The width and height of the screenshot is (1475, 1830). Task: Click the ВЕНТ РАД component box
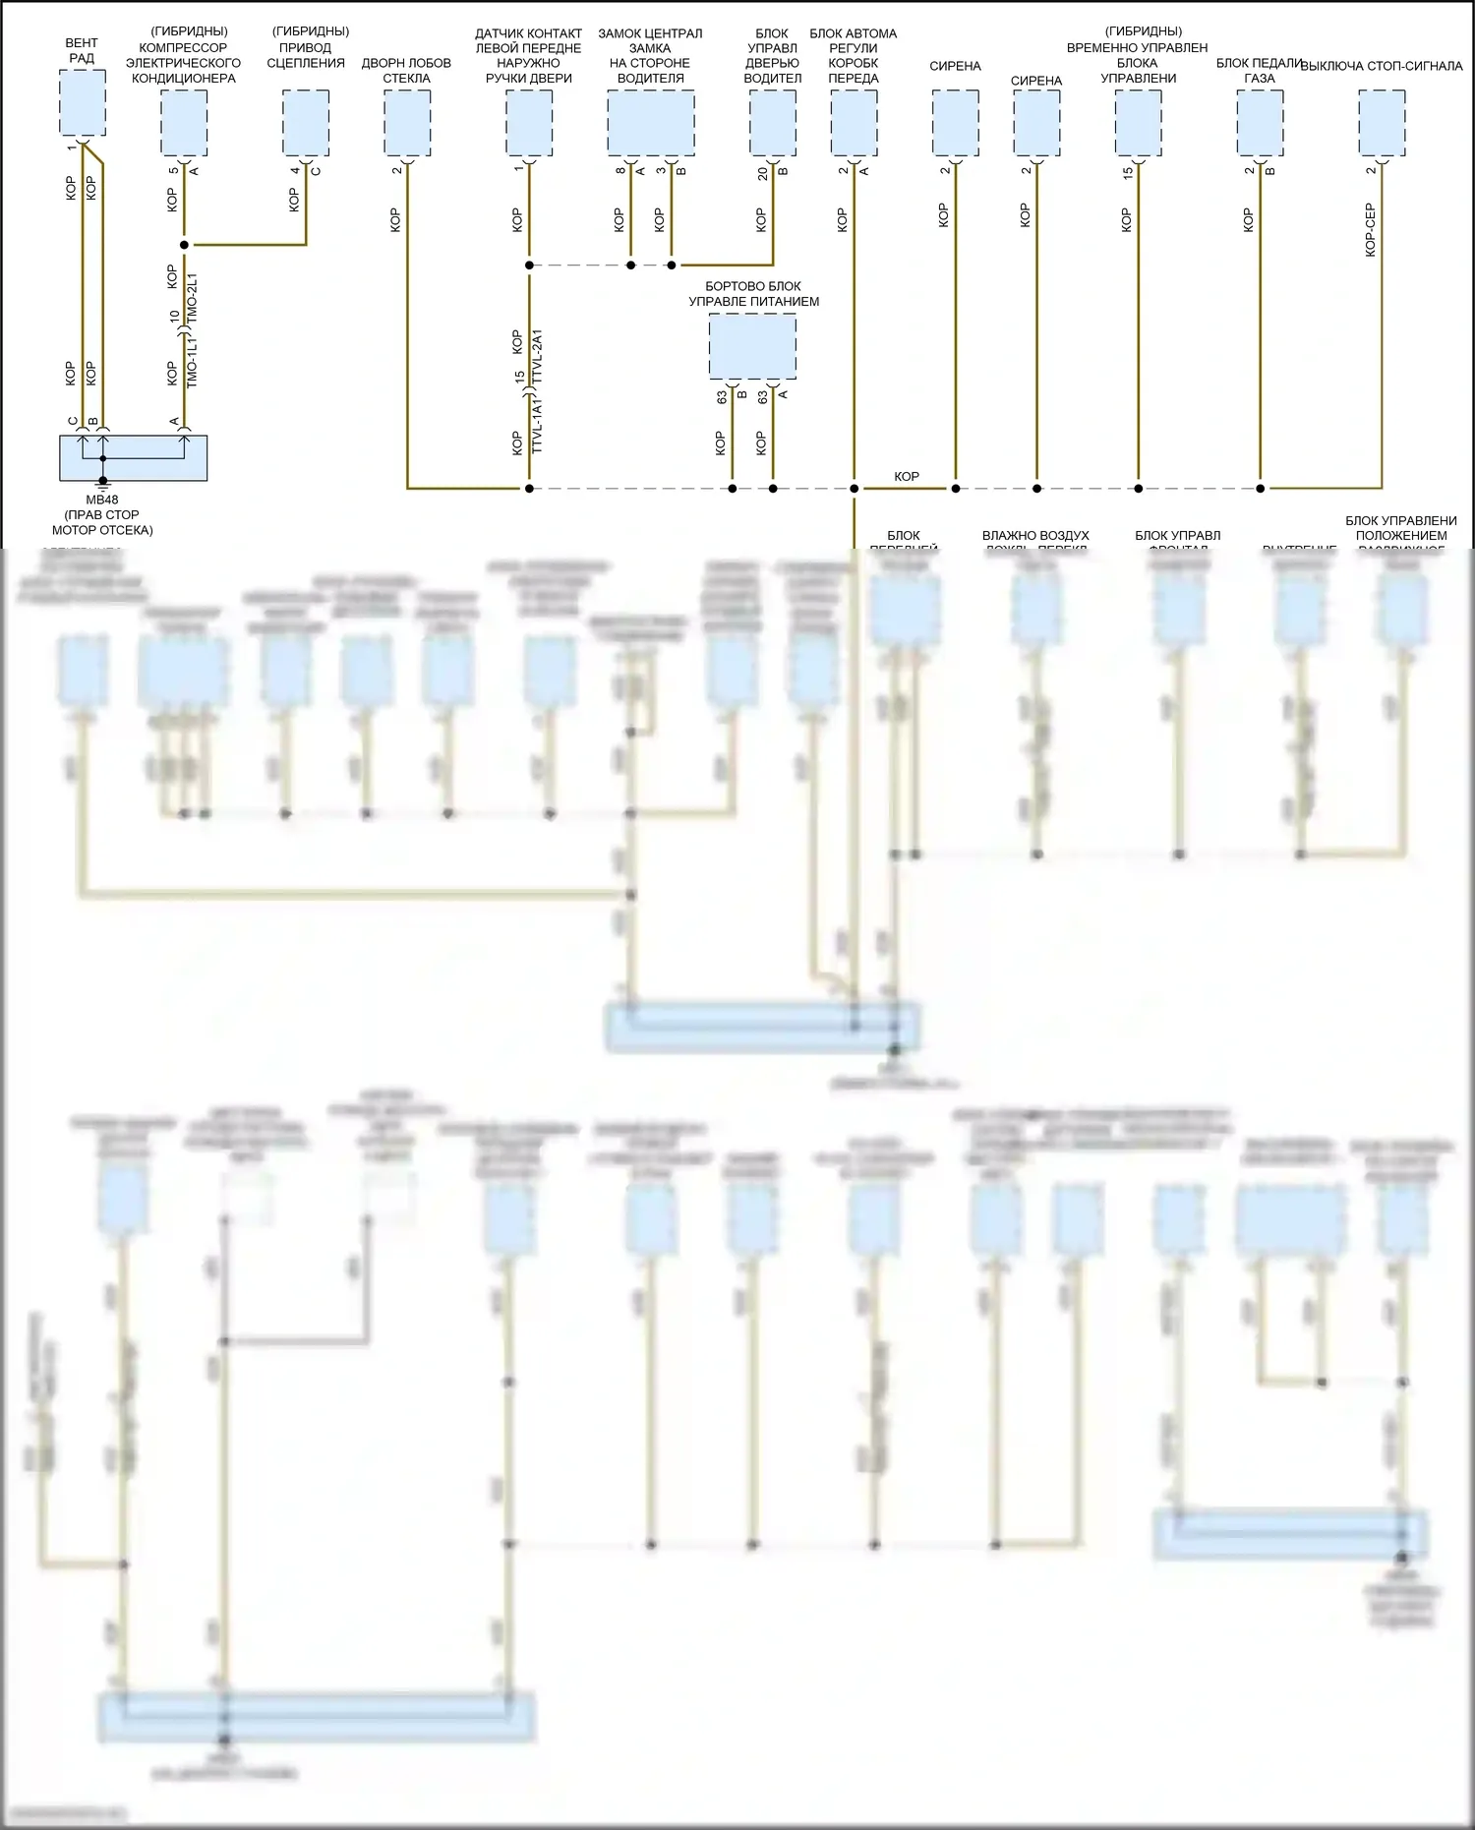coord(83,103)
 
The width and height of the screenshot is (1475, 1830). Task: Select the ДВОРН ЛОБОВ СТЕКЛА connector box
coord(407,123)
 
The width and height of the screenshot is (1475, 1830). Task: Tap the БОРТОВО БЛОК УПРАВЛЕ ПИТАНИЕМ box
coord(752,346)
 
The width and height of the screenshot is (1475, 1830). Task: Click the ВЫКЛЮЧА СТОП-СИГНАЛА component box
coord(1382,123)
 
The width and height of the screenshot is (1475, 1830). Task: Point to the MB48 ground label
coord(102,500)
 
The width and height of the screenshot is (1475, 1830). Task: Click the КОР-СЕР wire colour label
coord(1370,230)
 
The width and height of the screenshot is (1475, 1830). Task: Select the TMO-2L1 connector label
coord(193,299)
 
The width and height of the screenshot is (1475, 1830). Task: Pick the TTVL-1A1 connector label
coord(537,426)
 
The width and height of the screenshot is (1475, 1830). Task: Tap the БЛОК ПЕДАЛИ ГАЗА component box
coord(1260,123)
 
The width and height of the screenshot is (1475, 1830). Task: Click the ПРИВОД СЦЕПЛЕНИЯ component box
coord(306,123)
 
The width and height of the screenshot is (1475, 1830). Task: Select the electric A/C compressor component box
coord(184,123)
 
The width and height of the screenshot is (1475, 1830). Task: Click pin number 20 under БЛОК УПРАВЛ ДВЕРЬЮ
coord(762,172)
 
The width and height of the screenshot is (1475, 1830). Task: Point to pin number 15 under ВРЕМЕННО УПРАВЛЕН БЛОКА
coord(1128,172)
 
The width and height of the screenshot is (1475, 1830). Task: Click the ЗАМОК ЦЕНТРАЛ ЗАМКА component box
coord(650,123)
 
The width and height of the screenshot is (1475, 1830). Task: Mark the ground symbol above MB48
coord(102,484)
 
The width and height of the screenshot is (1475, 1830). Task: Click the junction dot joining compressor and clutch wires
coord(184,244)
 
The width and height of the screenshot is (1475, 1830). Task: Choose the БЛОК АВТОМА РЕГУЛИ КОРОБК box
coord(854,123)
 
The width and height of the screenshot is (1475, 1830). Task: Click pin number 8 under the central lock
coord(620,171)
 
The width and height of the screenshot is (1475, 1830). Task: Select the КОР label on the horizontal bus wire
coord(906,477)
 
